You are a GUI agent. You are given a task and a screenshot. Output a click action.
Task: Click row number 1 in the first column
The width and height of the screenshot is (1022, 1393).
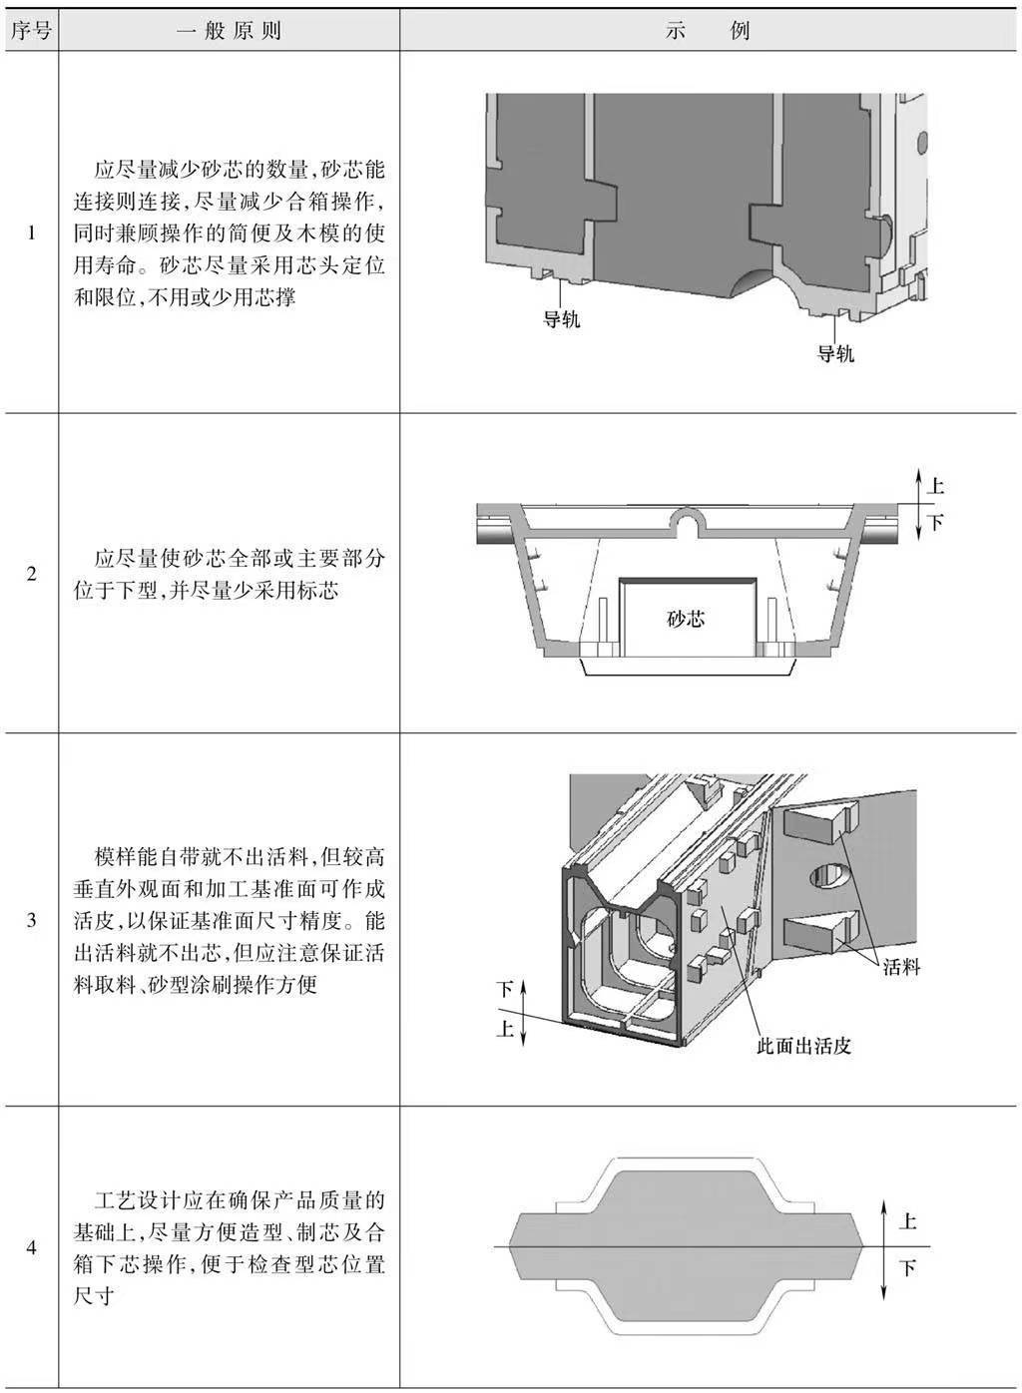point(31,233)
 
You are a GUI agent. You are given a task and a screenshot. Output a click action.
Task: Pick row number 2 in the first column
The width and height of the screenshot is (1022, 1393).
point(31,574)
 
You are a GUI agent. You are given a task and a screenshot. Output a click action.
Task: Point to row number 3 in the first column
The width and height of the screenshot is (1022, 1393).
point(31,920)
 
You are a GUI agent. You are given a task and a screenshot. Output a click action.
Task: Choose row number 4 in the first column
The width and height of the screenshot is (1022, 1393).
point(31,1247)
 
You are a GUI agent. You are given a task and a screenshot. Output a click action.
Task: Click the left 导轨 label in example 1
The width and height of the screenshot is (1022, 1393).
point(561,319)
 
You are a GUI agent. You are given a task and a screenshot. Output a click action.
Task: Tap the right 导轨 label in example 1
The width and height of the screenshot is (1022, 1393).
point(834,354)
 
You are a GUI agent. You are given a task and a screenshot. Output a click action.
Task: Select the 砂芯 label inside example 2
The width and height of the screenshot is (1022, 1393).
point(686,619)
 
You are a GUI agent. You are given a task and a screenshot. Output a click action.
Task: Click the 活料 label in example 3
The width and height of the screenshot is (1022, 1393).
point(900,966)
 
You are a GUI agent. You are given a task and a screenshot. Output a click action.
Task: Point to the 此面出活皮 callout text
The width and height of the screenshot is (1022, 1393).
point(803,1046)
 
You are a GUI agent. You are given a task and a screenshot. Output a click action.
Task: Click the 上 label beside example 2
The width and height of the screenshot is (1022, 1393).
point(935,486)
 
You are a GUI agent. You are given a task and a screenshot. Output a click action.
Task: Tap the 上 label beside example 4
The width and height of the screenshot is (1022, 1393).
point(907,1220)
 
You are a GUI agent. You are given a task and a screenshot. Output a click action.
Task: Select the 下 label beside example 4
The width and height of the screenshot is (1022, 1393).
point(907,1267)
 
